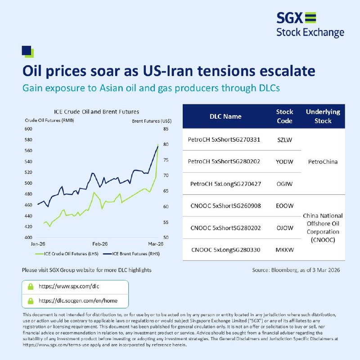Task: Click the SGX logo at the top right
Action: coord(310,25)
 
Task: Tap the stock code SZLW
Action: coord(284,140)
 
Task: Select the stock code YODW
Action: coord(284,162)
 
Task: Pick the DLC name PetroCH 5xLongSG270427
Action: coord(225,184)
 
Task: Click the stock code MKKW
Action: coord(284,250)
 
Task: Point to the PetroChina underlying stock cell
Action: coord(323,162)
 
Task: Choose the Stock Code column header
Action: coord(284,116)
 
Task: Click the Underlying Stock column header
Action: coord(323,116)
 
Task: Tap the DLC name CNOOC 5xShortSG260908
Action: coord(225,206)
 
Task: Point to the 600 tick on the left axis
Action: coord(28,129)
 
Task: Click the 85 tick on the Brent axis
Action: coord(166,129)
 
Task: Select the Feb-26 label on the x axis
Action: coord(100,244)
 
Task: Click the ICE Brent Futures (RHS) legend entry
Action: coord(131,254)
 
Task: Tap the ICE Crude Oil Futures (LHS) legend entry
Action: coord(67,254)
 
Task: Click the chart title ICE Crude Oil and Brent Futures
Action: coord(96,112)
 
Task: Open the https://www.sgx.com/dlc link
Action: coord(69,286)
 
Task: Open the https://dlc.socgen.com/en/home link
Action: coord(78,301)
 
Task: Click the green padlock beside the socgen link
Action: coord(31,301)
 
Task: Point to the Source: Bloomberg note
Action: coord(296,270)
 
